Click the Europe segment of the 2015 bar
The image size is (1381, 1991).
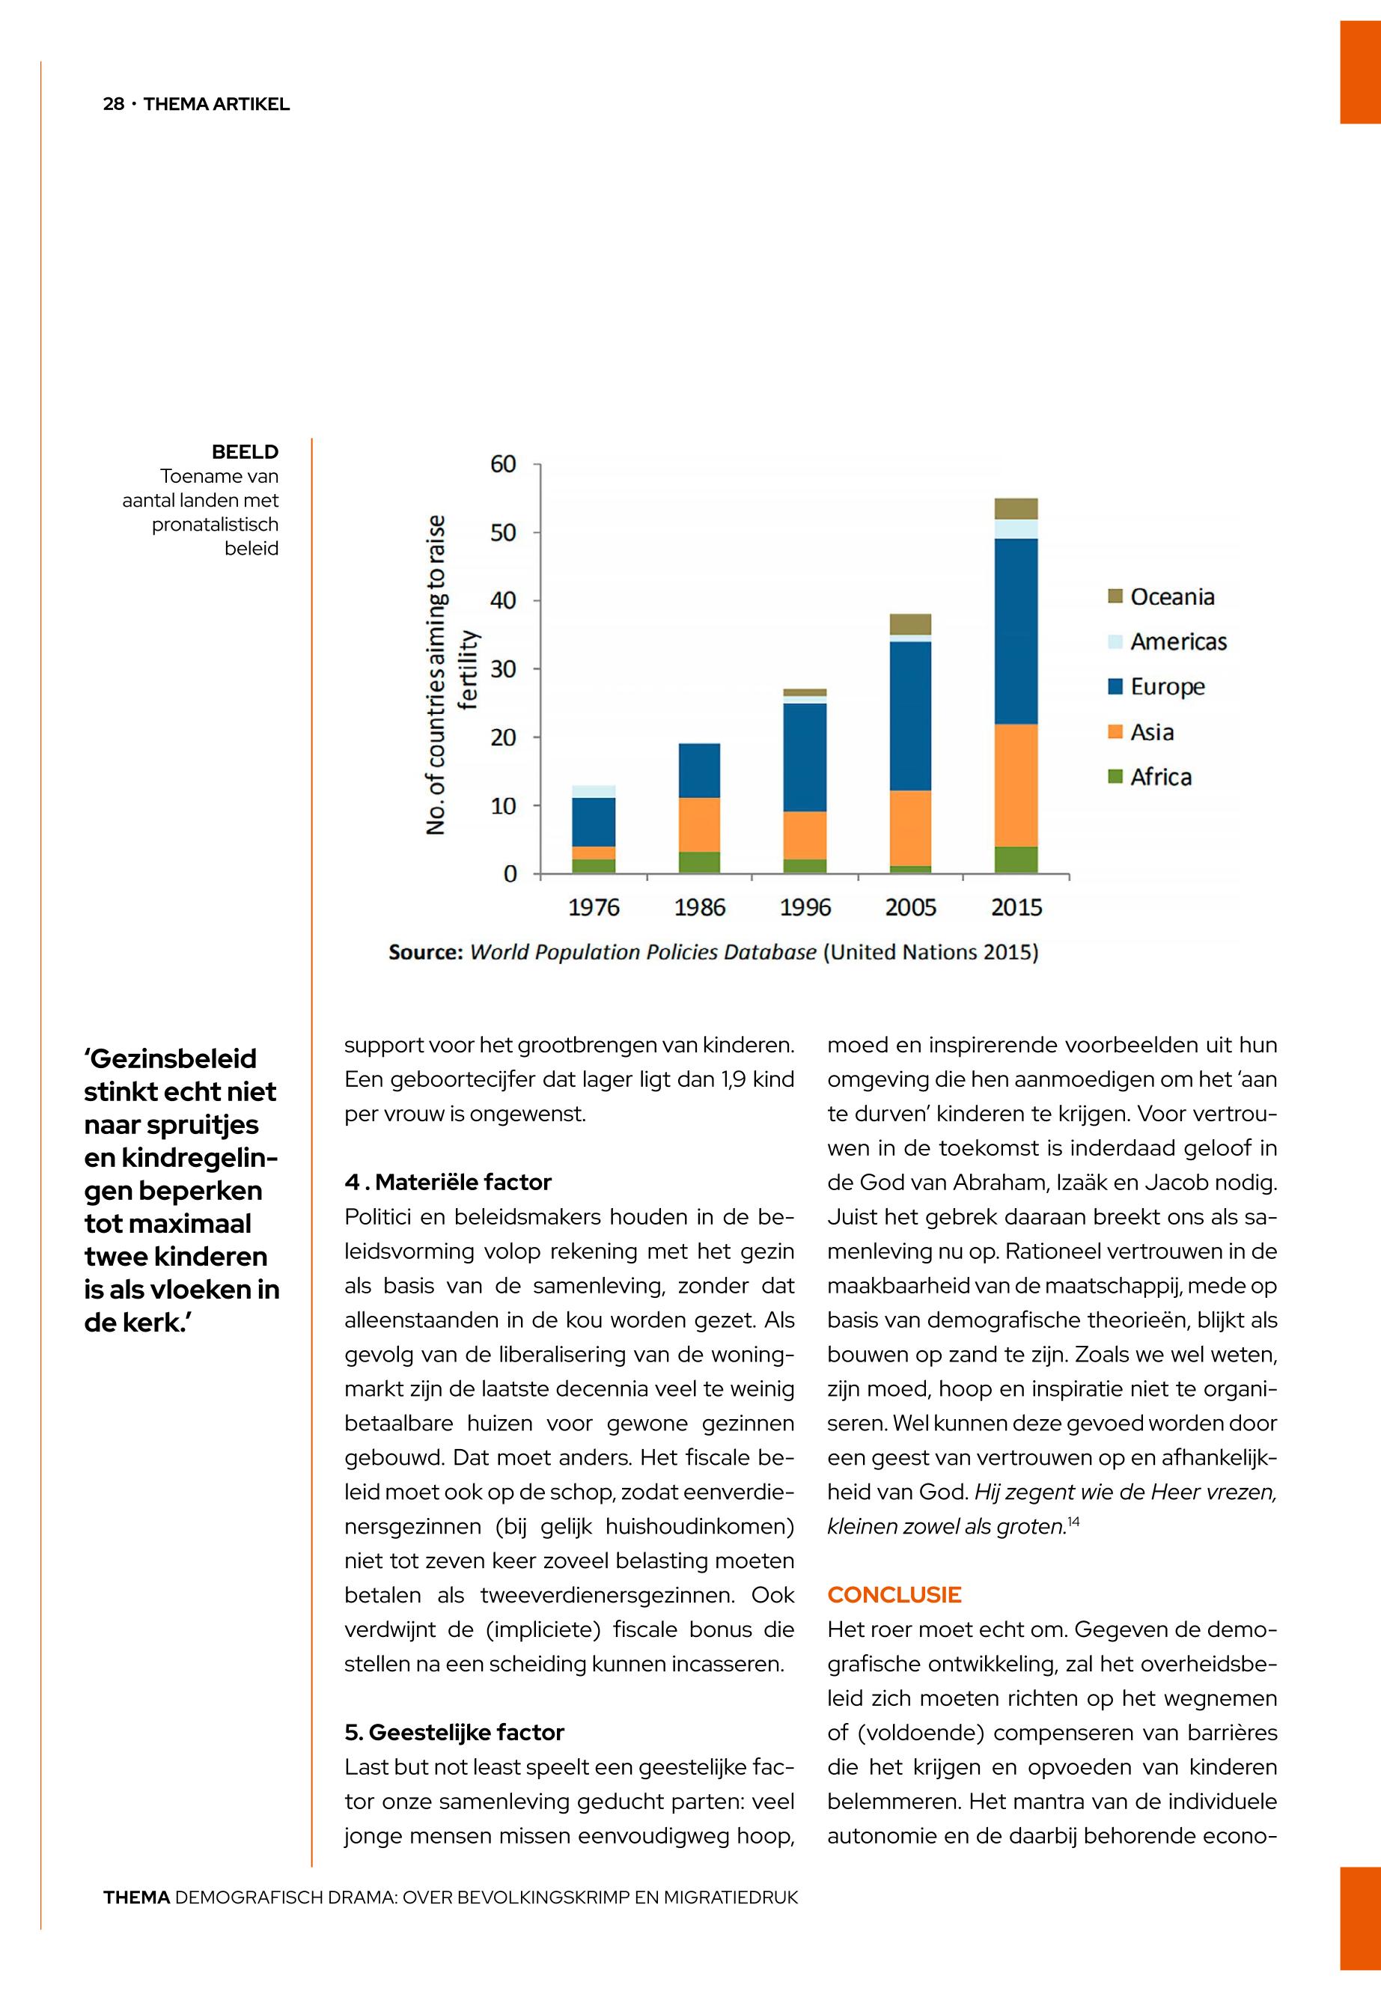(1016, 631)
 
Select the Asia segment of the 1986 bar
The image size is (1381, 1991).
(699, 825)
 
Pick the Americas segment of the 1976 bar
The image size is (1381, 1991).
(594, 791)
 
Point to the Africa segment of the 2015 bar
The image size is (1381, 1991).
(1016, 859)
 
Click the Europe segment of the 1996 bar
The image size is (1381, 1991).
(805, 757)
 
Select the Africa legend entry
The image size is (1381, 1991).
(1149, 776)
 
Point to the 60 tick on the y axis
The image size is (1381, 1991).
(503, 465)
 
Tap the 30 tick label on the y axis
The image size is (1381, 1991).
(503, 669)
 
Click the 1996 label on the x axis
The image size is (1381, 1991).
(805, 907)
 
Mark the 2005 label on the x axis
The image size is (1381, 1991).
(910, 907)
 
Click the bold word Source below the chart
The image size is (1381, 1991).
(426, 953)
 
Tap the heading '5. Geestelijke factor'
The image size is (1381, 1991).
(454, 1731)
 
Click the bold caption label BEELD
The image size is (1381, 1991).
(245, 451)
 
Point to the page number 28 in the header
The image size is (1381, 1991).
(113, 105)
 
